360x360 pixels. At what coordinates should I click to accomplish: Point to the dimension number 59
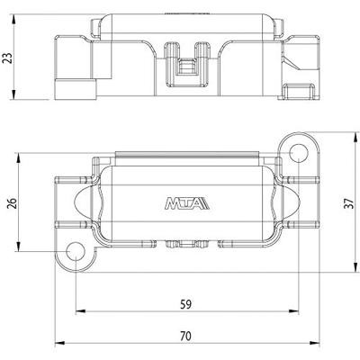pyautogui.click(x=186, y=303)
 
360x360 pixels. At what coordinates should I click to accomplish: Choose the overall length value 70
pyautogui.click(x=186, y=336)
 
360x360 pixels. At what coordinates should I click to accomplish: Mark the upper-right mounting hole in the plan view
pyautogui.click(x=299, y=155)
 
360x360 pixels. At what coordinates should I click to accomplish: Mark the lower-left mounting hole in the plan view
pyautogui.click(x=75, y=251)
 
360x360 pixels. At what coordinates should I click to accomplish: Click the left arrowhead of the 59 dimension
pyautogui.click(x=78, y=314)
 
